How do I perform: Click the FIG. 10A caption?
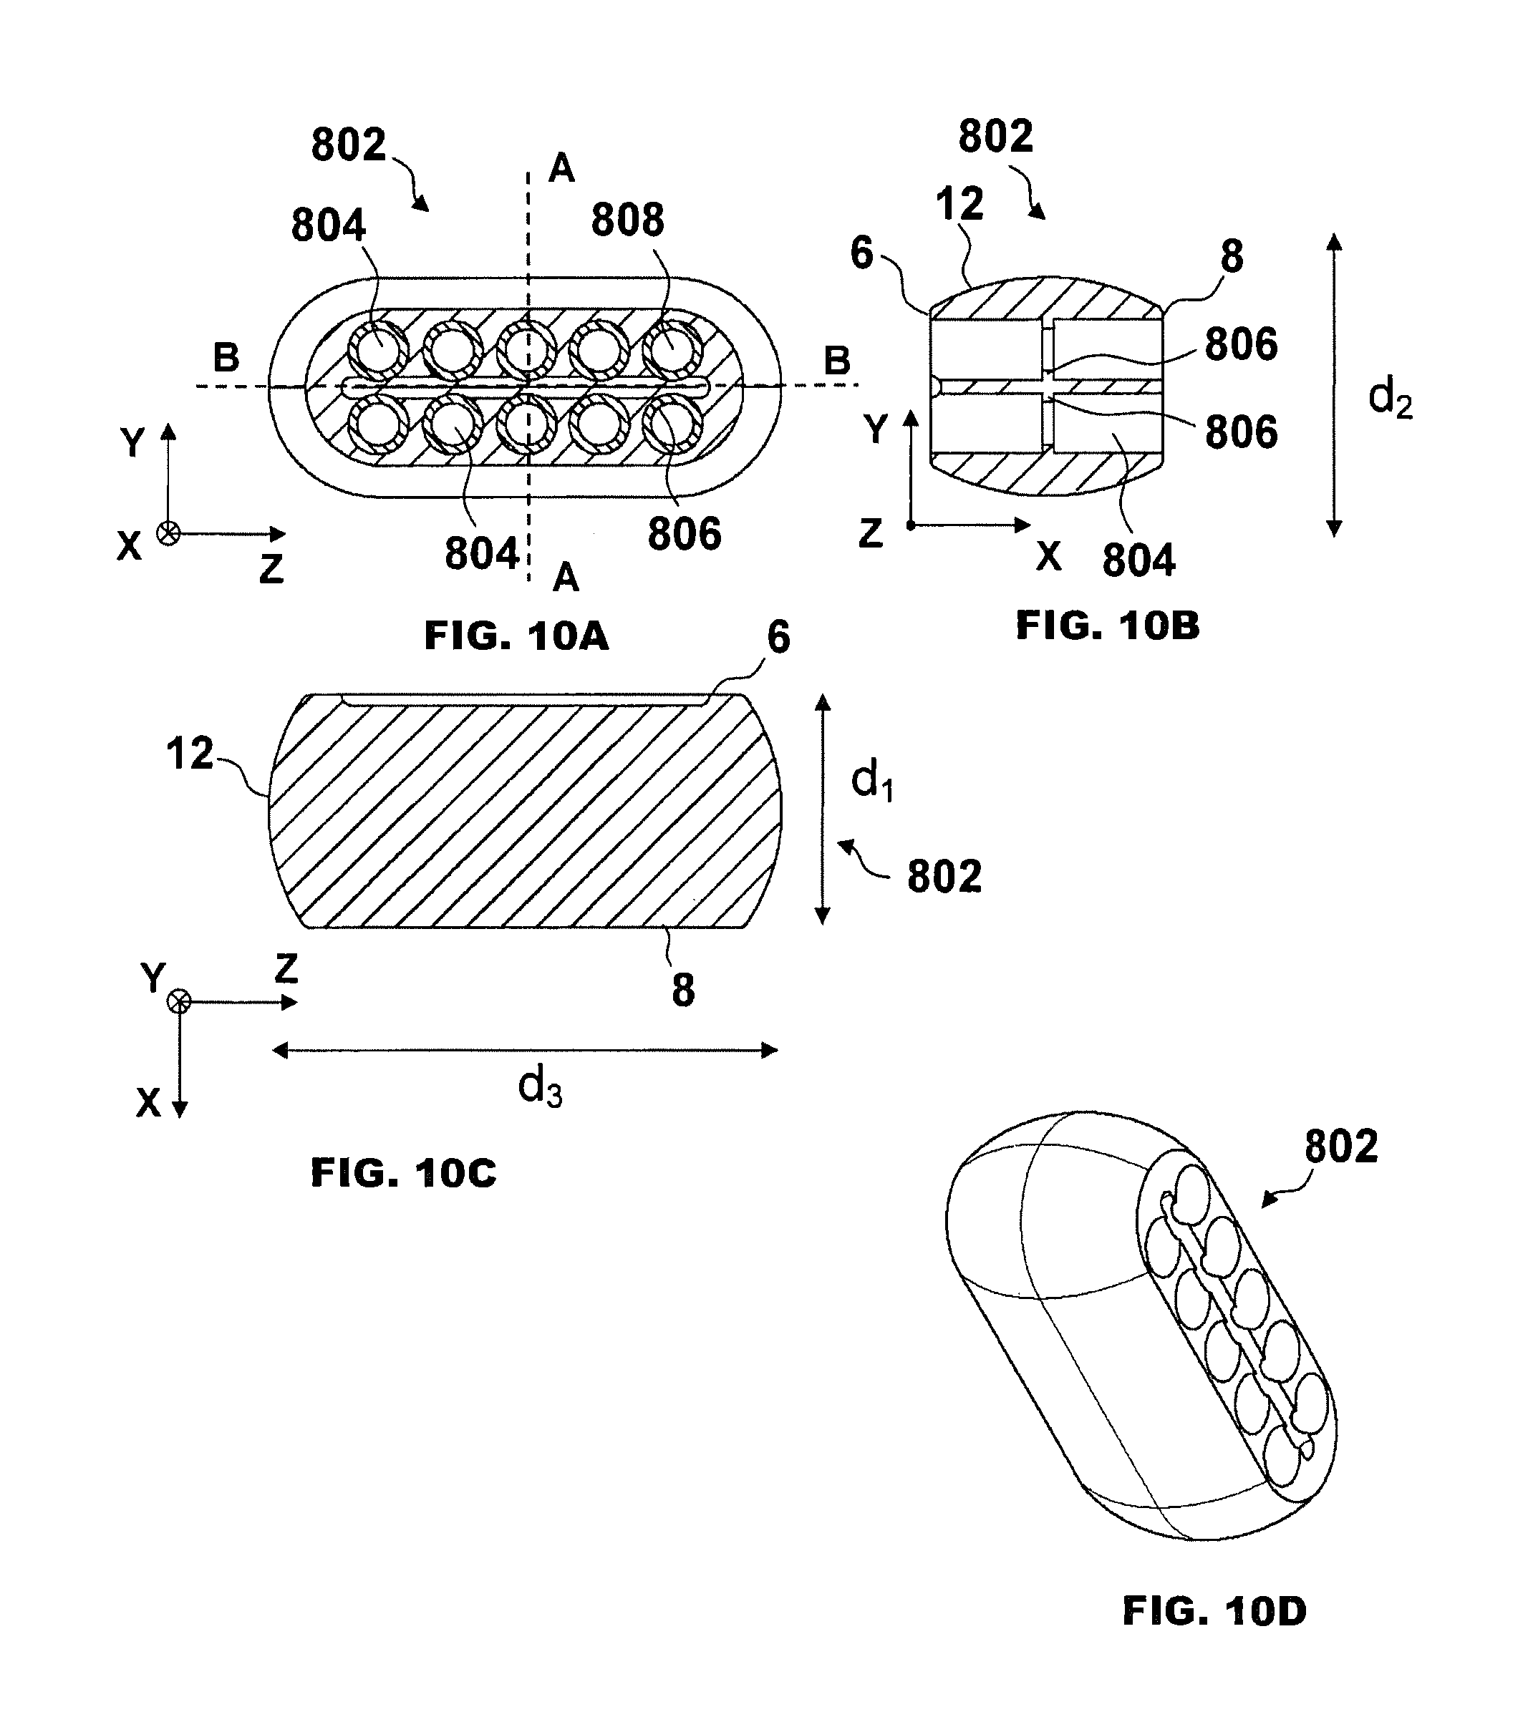(x=516, y=636)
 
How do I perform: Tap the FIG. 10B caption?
(x=1108, y=626)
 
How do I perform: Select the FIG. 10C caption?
(x=403, y=1172)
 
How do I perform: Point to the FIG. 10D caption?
(x=1214, y=1613)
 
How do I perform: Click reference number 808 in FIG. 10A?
(x=627, y=221)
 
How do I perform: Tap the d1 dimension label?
(x=871, y=782)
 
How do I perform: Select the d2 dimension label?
(x=1390, y=399)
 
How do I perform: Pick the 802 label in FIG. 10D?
(x=1340, y=1147)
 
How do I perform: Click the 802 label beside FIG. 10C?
(x=944, y=877)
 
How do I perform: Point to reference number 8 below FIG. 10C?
(x=683, y=990)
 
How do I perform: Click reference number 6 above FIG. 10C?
(x=778, y=638)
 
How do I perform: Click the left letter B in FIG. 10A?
(x=226, y=358)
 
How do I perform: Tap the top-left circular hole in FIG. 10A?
(x=379, y=349)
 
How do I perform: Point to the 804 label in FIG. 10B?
(x=1138, y=560)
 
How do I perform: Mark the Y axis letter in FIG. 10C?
(x=153, y=978)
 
